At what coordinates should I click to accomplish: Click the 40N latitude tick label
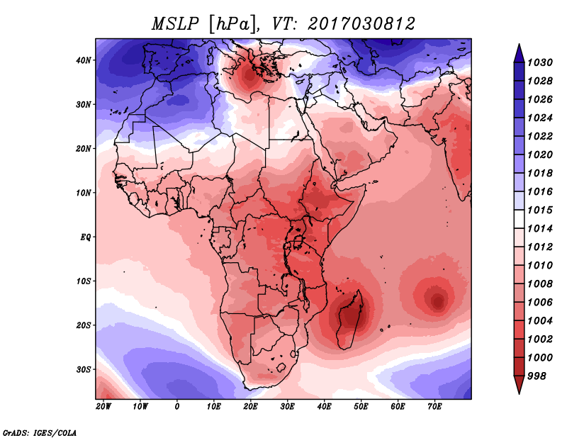tap(84, 60)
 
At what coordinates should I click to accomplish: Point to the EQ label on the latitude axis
tap(84, 237)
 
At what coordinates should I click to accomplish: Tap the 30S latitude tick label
tap(84, 369)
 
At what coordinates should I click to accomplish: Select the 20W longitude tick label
tap(103, 407)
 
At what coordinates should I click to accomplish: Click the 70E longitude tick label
tap(434, 407)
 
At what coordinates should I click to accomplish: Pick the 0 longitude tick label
tap(177, 407)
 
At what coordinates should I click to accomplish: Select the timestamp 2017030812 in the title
tap(361, 23)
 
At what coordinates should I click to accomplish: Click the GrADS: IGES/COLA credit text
tap(39, 432)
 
